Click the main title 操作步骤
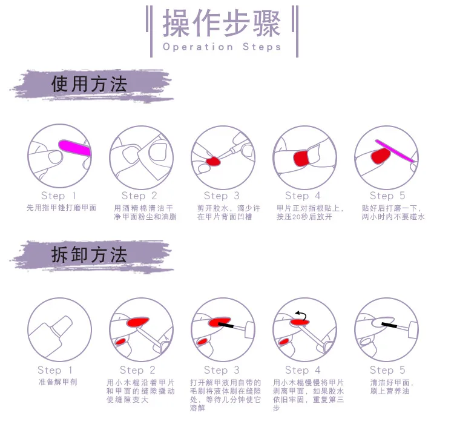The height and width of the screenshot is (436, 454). pos(222,24)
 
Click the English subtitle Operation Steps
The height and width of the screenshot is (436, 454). pos(222,47)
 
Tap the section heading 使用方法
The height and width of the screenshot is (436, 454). pos(89,84)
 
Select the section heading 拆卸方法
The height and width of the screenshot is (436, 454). pos(89,255)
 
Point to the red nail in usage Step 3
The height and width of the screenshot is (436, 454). pos(214,162)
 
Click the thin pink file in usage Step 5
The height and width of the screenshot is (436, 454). pos(394,151)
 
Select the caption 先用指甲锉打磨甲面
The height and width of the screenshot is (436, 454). pos(61,208)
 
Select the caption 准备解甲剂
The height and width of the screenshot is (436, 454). pos(58,382)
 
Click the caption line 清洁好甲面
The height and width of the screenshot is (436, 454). pos(392,382)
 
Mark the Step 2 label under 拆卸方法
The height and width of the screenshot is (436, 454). pos(137,370)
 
